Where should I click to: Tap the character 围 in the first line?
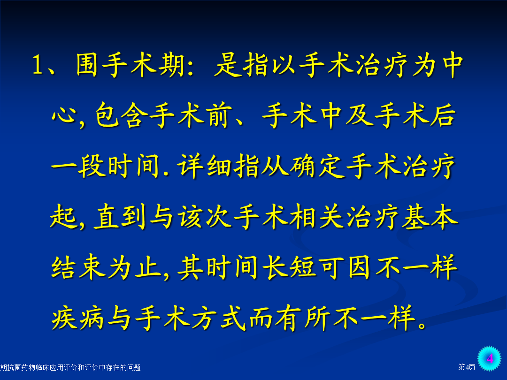(x=87, y=65)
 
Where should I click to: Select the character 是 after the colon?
(x=227, y=65)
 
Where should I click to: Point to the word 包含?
(x=122, y=115)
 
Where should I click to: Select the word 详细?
(x=206, y=166)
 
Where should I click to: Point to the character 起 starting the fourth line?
(x=63, y=216)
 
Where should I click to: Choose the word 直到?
(x=120, y=216)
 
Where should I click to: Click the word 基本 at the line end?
(x=430, y=216)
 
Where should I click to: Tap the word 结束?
(x=78, y=267)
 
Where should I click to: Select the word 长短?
(x=290, y=267)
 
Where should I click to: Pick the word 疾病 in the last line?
(x=77, y=318)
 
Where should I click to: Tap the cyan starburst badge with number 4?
(x=490, y=358)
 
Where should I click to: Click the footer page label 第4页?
(x=467, y=367)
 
